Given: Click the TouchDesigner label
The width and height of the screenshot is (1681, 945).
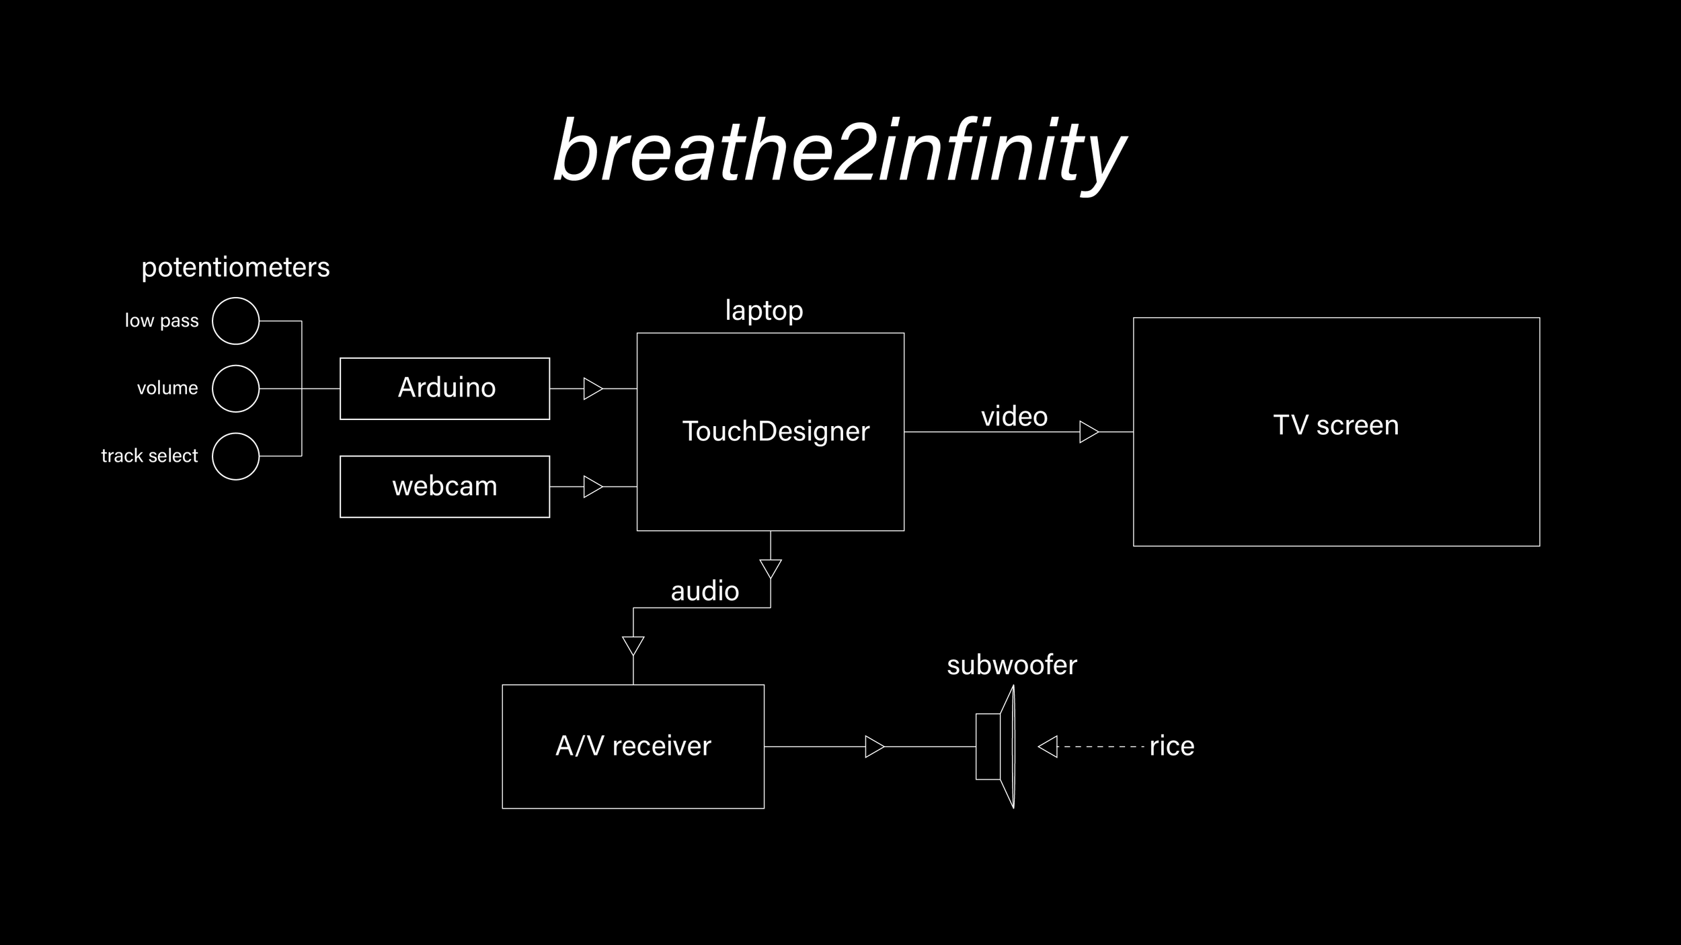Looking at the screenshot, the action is coord(776,432).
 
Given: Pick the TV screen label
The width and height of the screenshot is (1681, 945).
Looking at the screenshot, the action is coord(1336,425).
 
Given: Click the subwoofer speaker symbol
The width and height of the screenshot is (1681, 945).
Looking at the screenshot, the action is coord(995,746).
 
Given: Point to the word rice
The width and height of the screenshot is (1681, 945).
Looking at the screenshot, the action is coord(1172,746).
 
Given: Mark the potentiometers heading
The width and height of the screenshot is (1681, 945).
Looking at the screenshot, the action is coord(235,268).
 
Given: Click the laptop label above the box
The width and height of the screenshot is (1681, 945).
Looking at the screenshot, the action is coord(764,311).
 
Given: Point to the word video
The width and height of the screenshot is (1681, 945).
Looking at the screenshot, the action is coord(1014,417).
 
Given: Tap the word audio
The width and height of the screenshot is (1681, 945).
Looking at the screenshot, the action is coord(705,591).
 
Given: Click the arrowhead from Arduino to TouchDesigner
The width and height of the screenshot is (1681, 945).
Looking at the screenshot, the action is coord(593,388).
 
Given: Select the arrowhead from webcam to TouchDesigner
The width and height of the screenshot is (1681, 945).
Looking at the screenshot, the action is coord(593,487).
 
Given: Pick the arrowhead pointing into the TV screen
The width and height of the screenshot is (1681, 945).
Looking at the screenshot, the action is coord(1089,432).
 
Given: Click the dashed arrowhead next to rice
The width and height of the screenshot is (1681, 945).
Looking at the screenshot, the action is coord(1048,746).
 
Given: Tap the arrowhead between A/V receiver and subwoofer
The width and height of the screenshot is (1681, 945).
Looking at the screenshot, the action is coord(875,746).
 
